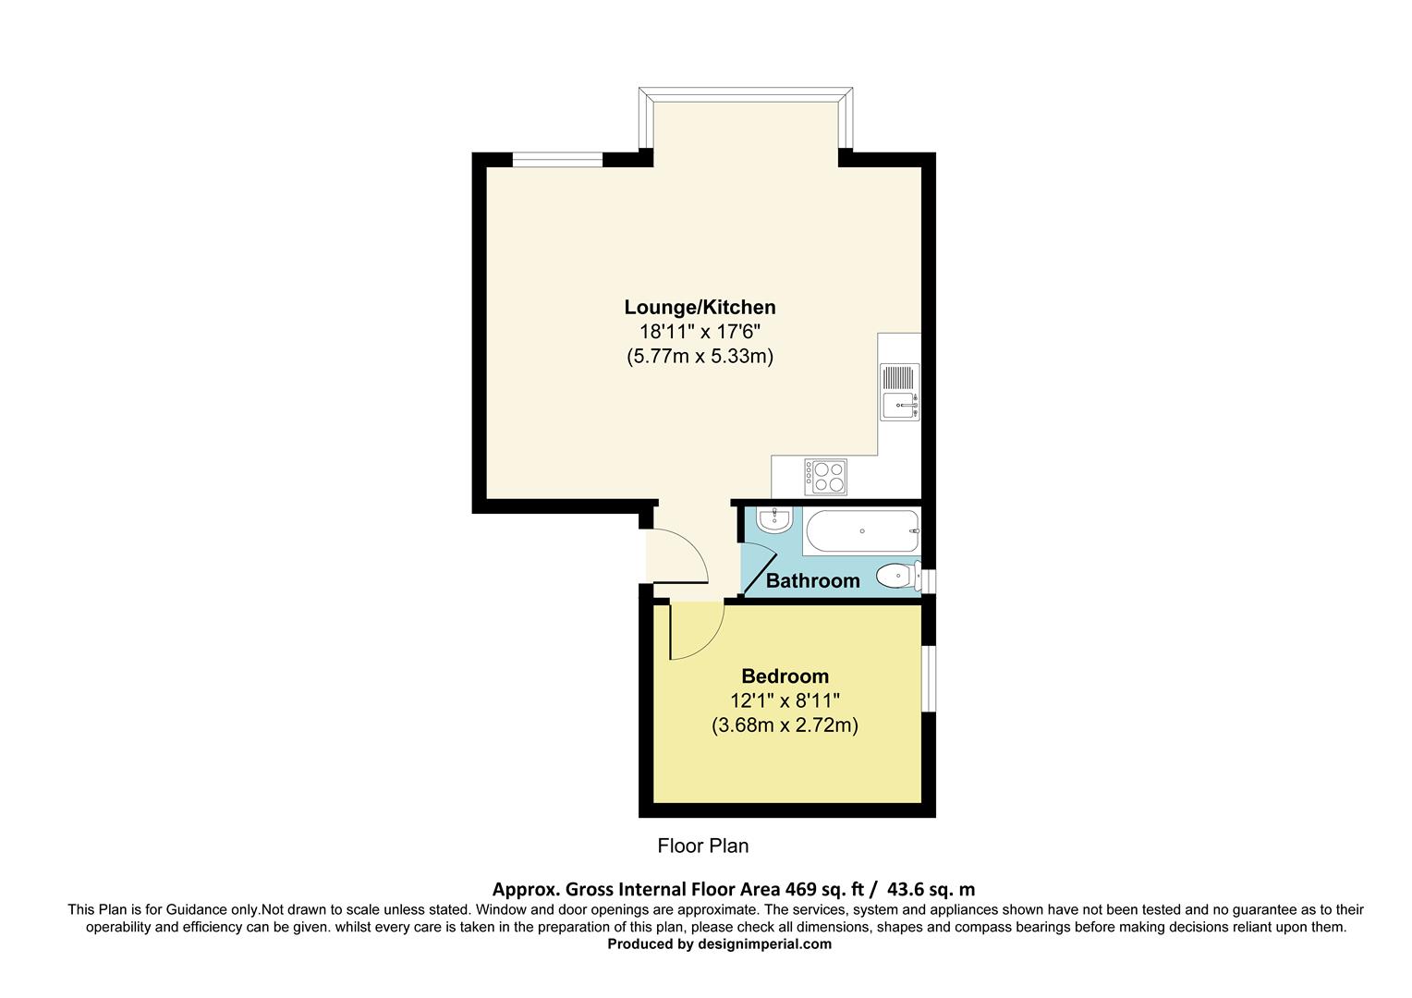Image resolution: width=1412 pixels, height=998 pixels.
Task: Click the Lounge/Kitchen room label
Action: click(x=700, y=307)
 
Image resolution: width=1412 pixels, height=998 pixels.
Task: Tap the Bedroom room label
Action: click(x=785, y=675)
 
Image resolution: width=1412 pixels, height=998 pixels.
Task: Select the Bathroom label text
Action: click(x=812, y=580)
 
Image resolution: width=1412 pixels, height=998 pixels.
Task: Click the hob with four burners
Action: click(x=825, y=477)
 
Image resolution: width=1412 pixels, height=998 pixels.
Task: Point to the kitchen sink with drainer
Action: click(x=899, y=393)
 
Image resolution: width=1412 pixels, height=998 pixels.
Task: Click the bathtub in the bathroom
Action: click(x=861, y=531)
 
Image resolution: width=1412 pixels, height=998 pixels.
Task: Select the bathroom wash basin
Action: click(x=772, y=520)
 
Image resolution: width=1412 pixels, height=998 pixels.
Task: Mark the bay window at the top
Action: click(x=745, y=95)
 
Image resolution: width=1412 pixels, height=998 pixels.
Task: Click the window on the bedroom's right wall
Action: click(x=929, y=678)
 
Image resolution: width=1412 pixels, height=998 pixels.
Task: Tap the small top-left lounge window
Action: click(x=557, y=160)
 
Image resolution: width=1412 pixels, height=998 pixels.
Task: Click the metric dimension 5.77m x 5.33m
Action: click(x=700, y=356)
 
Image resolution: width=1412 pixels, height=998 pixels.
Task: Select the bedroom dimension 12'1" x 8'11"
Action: click(x=785, y=700)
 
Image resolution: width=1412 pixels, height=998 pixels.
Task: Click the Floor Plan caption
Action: click(x=702, y=846)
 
